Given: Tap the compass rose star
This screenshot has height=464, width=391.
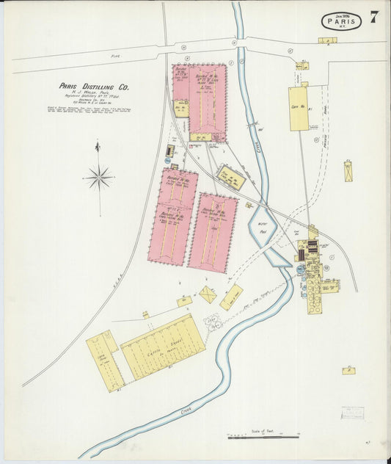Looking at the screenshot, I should tap(99, 177).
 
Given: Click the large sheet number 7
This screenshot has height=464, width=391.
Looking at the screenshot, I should tap(374, 18).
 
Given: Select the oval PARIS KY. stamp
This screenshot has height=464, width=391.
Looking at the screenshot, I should tap(341, 21).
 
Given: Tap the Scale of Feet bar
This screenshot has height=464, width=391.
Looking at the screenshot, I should tap(263, 437).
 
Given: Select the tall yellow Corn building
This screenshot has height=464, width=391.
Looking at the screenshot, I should tap(299, 109).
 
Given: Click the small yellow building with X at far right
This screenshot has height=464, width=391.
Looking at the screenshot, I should tap(348, 171).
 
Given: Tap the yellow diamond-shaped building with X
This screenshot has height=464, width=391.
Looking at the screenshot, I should tap(208, 294).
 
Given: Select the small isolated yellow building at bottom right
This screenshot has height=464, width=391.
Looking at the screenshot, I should tap(348, 371).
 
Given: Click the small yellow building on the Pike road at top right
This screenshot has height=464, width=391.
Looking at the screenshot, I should tap(327, 40).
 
